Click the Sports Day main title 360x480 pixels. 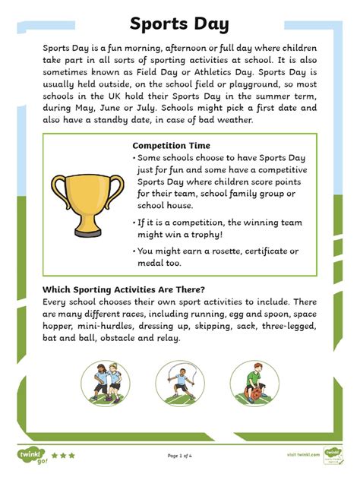[x=179, y=24]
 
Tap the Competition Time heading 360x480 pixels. [x=171, y=145]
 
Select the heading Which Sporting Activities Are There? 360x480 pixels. [x=124, y=289]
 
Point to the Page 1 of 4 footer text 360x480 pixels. [x=180, y=456]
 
